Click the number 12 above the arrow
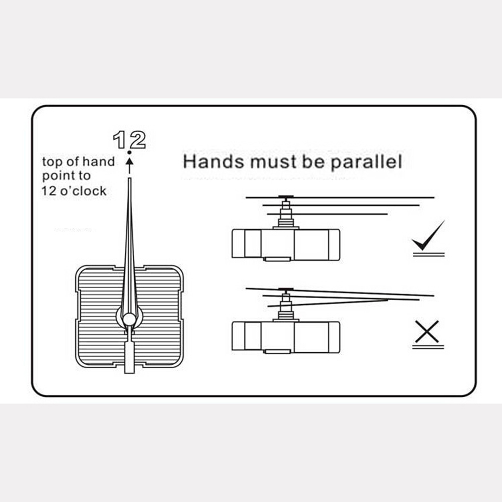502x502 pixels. point(130,140)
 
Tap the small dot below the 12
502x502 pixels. point(129,152)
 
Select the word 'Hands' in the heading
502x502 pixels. point(213,161)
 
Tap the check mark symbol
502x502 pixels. point(428,235)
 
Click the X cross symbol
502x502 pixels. point(427,331)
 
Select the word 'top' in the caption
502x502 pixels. point(52,162)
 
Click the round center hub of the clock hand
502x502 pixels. point(129,319)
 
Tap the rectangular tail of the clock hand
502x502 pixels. point(129,357)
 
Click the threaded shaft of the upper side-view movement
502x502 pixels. point(286,215)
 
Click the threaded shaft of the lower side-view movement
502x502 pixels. point(286,307)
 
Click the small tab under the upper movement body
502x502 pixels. point(278,259)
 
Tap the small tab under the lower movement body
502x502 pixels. point(278,352)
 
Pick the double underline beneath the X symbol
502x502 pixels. point(428,347)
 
